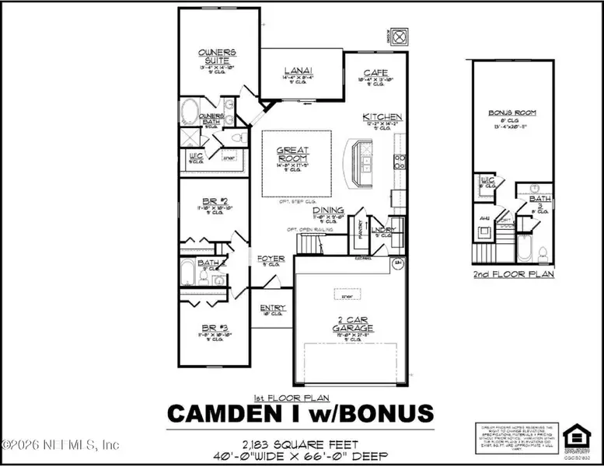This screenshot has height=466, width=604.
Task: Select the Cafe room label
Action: [373, 71]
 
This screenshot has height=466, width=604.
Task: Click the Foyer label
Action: [272, 259]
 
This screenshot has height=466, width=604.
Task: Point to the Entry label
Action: [273, 308]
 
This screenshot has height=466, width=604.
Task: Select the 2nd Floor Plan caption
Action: [513, 275]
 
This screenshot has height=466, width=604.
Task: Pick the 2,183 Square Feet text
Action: [301, 443]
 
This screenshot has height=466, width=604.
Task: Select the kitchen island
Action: [362, 162]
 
